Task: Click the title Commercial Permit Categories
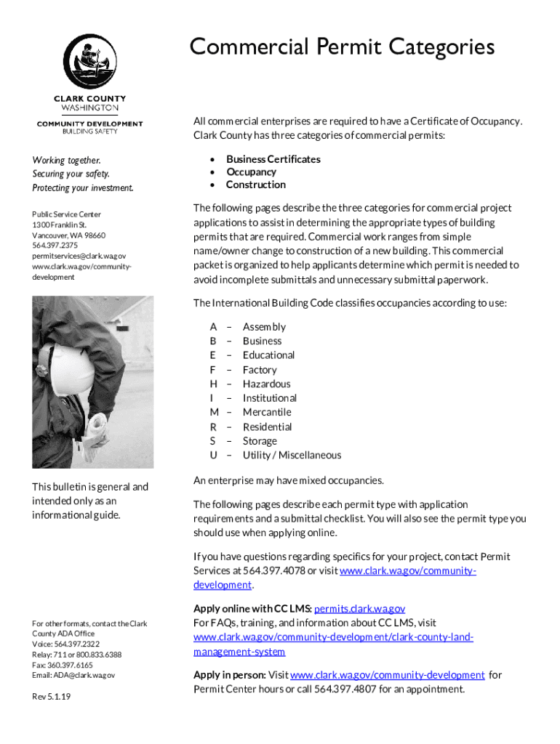342,47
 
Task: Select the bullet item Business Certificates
273,159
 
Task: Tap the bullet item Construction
255,185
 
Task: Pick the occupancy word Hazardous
266,384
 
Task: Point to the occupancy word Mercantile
267,412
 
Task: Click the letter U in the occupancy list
213,455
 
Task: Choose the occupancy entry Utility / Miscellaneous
292,455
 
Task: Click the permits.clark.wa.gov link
359,609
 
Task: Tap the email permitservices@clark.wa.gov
79,256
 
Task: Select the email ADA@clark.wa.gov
73,675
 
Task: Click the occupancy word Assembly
264,327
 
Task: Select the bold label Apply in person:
229,675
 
